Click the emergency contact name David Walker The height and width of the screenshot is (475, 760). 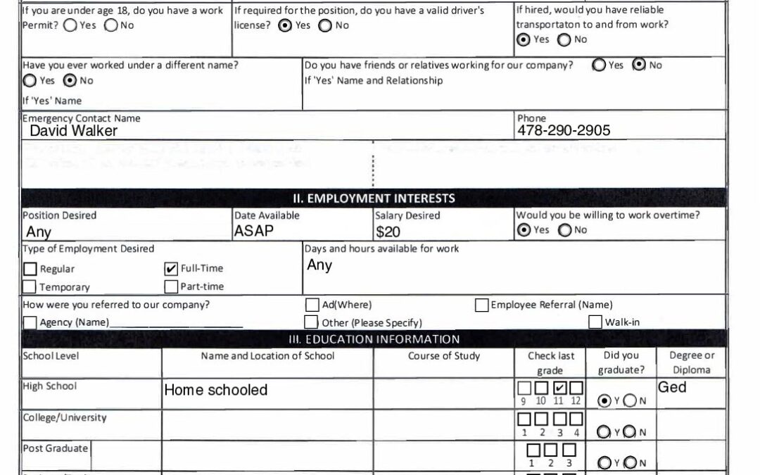point(73,131)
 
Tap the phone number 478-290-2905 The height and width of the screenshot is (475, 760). point(564,130)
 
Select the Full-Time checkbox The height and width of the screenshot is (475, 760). point(171,269)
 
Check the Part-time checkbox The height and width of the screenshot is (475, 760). point(171,287)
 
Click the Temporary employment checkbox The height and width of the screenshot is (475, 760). point(30,287)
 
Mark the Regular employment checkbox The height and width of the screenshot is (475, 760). point(30,269)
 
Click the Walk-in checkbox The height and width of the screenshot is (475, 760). point(595,322)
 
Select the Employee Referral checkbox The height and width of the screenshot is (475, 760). point(482,305)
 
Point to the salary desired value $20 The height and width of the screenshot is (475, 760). point(388,232)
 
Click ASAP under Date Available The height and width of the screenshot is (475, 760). point(254,231)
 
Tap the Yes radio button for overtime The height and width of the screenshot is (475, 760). point(524,230)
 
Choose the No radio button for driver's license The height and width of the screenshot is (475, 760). point(325,25)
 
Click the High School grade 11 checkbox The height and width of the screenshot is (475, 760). point(559,388)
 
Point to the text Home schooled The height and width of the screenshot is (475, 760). point(215,390)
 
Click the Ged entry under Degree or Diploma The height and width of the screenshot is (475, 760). point(672,387)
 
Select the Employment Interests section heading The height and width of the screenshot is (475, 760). point(374,198)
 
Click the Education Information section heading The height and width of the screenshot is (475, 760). point(374,339)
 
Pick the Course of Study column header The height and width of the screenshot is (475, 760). point(444,356)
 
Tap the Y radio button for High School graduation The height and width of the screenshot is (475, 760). point(604,400)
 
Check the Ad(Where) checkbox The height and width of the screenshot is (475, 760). point(312,305)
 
